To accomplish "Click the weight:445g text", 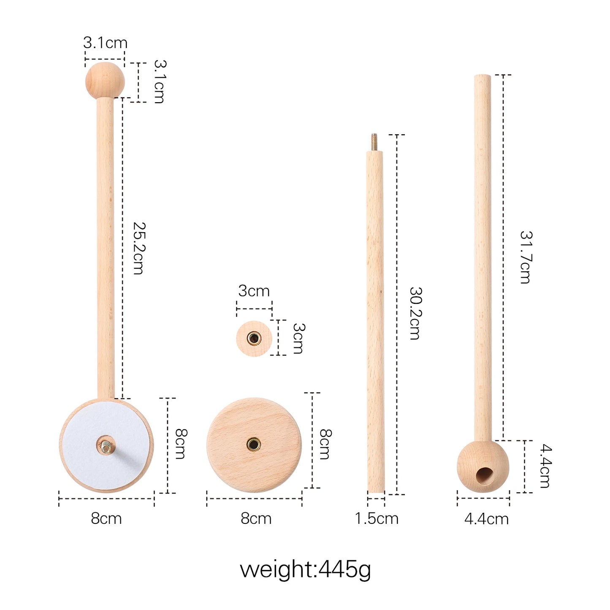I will [305, 569].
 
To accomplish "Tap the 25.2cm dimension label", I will [139, 248].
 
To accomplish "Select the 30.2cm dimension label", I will [415, 313].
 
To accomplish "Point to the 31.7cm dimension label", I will [526, 257].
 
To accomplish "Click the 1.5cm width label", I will [377, 518].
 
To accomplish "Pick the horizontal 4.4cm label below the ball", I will [486, 519].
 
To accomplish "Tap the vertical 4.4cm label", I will [546, 466].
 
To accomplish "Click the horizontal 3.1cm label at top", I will [105, 43].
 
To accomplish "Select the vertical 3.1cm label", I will [160, 81].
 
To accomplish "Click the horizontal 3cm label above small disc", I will [254, 291].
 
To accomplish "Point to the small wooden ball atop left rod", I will [105, 80].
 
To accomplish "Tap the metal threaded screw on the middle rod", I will [374, 142].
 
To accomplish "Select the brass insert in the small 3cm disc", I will [254, 338].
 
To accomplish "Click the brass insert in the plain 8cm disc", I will [254, 444].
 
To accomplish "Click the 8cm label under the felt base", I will [106, 518].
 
